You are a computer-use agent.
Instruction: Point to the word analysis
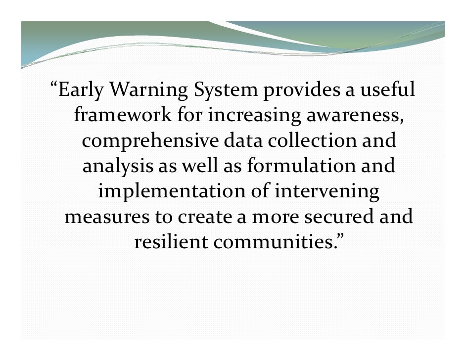coord(118,167)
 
